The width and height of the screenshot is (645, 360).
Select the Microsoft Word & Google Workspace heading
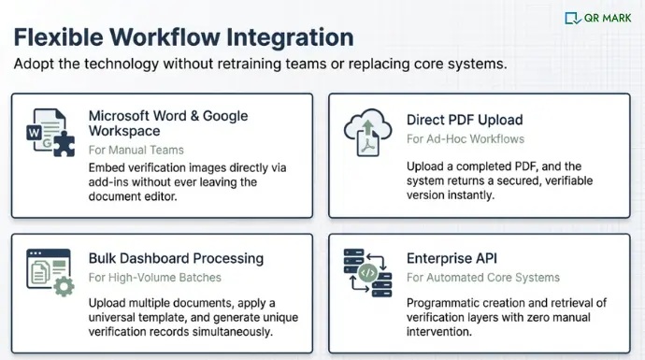(x=168, y=122)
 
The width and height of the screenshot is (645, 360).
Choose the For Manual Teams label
(x=136, y=150)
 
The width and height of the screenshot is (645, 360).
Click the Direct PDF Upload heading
(x=465, y=120)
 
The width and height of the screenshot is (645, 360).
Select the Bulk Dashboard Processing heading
(x=176, y=258)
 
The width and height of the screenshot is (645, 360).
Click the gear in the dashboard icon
(x=64, y=286)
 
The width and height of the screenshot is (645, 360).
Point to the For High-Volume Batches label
(x=154, y=277)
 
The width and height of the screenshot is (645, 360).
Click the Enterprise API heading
(x=452, y=258)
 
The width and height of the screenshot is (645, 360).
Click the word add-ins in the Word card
(x=109, y=182)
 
